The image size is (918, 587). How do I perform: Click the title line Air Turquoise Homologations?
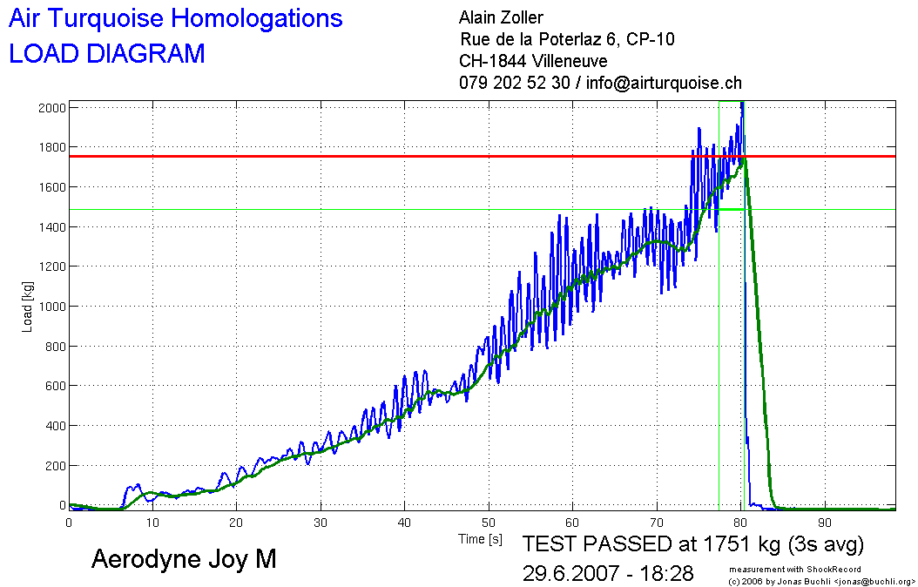(x=175, y=18)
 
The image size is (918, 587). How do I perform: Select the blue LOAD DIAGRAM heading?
(x=107, y=54)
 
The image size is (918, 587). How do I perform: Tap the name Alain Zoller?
(x=501, y=17)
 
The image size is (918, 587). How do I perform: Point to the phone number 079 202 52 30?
(x=514, y=84)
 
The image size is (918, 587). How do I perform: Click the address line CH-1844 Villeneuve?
(x=533, y=61)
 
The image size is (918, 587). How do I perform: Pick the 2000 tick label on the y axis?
(x=51, y=107)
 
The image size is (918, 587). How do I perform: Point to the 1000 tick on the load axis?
(x=51, y=307)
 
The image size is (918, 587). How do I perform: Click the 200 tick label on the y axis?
(x=54, y=466)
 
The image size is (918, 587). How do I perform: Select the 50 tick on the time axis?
(x=489, y=523)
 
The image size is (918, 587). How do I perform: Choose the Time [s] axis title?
(x=481, y=540)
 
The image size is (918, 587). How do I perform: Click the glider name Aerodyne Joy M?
(x=184, y=559)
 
